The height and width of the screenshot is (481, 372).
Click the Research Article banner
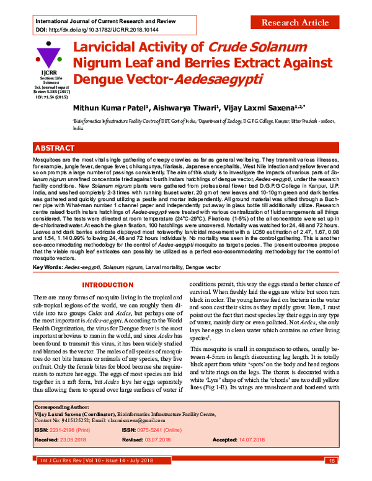(x=294, y=23)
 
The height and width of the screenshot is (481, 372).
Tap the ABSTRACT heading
(x=57, y=149)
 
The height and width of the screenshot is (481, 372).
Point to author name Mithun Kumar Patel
(x=114, y=107)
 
